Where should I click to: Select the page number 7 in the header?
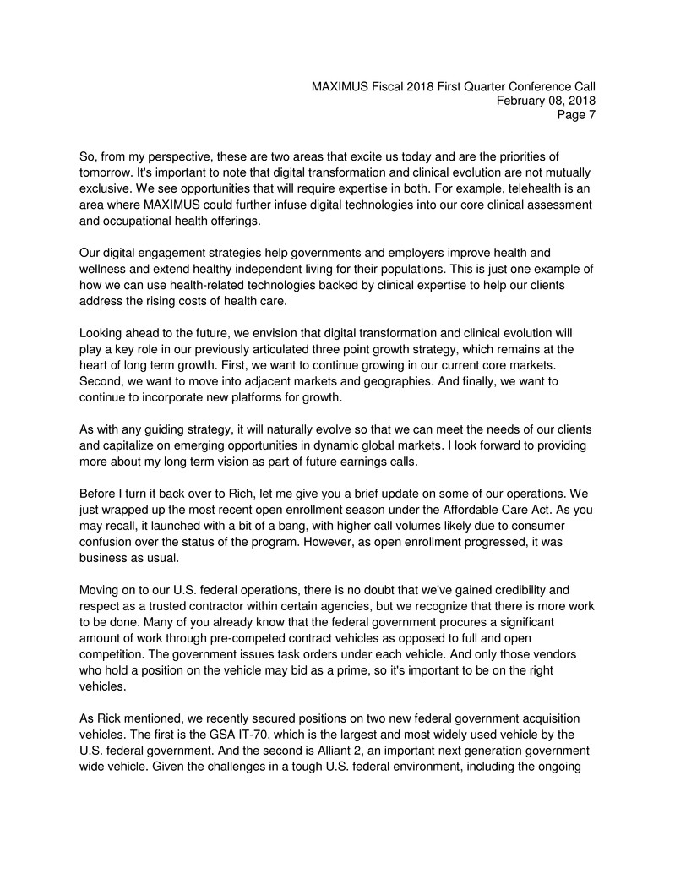pyautogui.click(x=591, y=117)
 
